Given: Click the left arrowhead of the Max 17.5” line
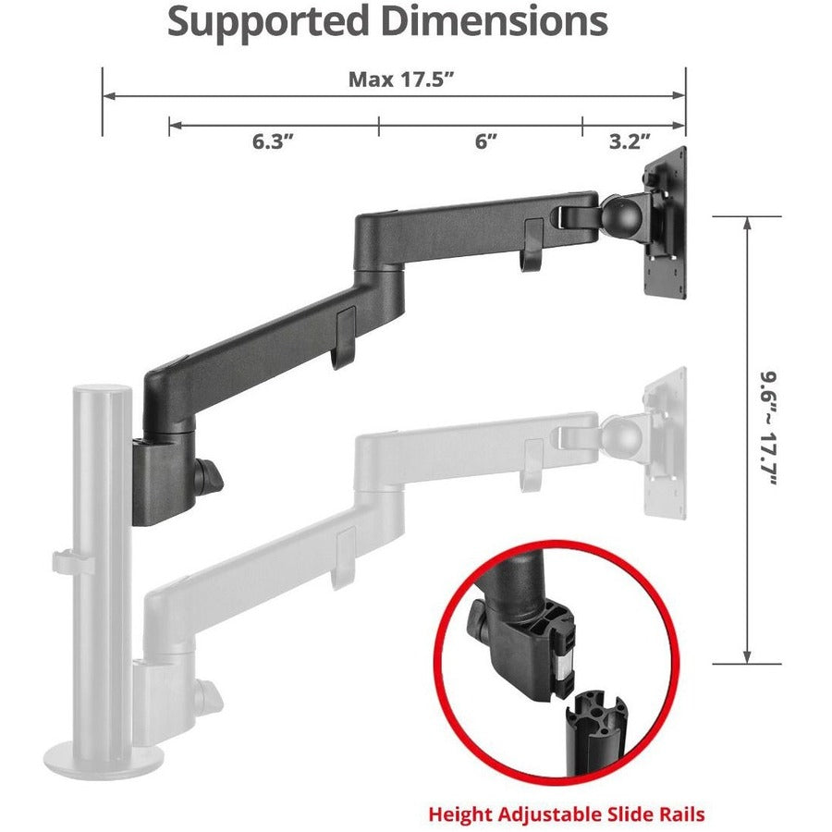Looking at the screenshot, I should pyautogui.click(x=107, y=95).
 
